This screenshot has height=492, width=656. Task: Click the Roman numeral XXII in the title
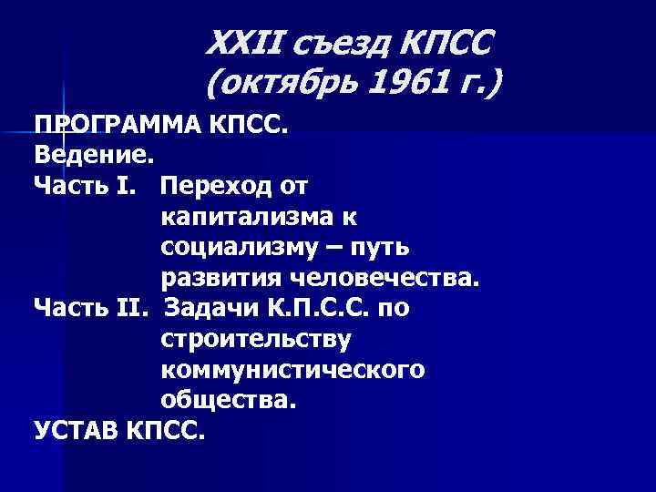click(x=241, y=42)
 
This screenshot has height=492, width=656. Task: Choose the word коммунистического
click(x=292, y=370)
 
